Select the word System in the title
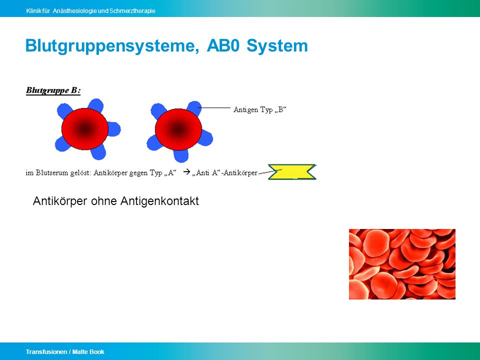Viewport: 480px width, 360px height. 277,46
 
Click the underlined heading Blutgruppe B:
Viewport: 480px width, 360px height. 53,90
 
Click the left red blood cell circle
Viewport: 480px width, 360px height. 85,129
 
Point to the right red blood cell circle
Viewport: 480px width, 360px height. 178,129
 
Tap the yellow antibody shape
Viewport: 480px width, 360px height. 292,171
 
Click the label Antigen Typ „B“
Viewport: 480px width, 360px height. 259,109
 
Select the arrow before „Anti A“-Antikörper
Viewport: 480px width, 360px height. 186,172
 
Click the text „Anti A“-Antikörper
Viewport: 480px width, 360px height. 225,172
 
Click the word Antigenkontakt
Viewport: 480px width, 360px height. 159,201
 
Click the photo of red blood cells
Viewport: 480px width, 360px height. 402,264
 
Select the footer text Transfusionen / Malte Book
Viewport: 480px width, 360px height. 65,351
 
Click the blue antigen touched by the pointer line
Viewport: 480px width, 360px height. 194,108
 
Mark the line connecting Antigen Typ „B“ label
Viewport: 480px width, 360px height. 214,108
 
